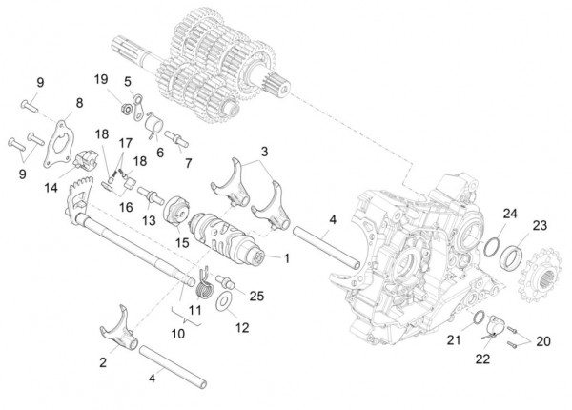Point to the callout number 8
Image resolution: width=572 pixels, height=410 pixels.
point(79,103)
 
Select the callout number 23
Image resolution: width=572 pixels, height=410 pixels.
point(540,226)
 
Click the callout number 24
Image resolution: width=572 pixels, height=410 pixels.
point(511,213)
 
